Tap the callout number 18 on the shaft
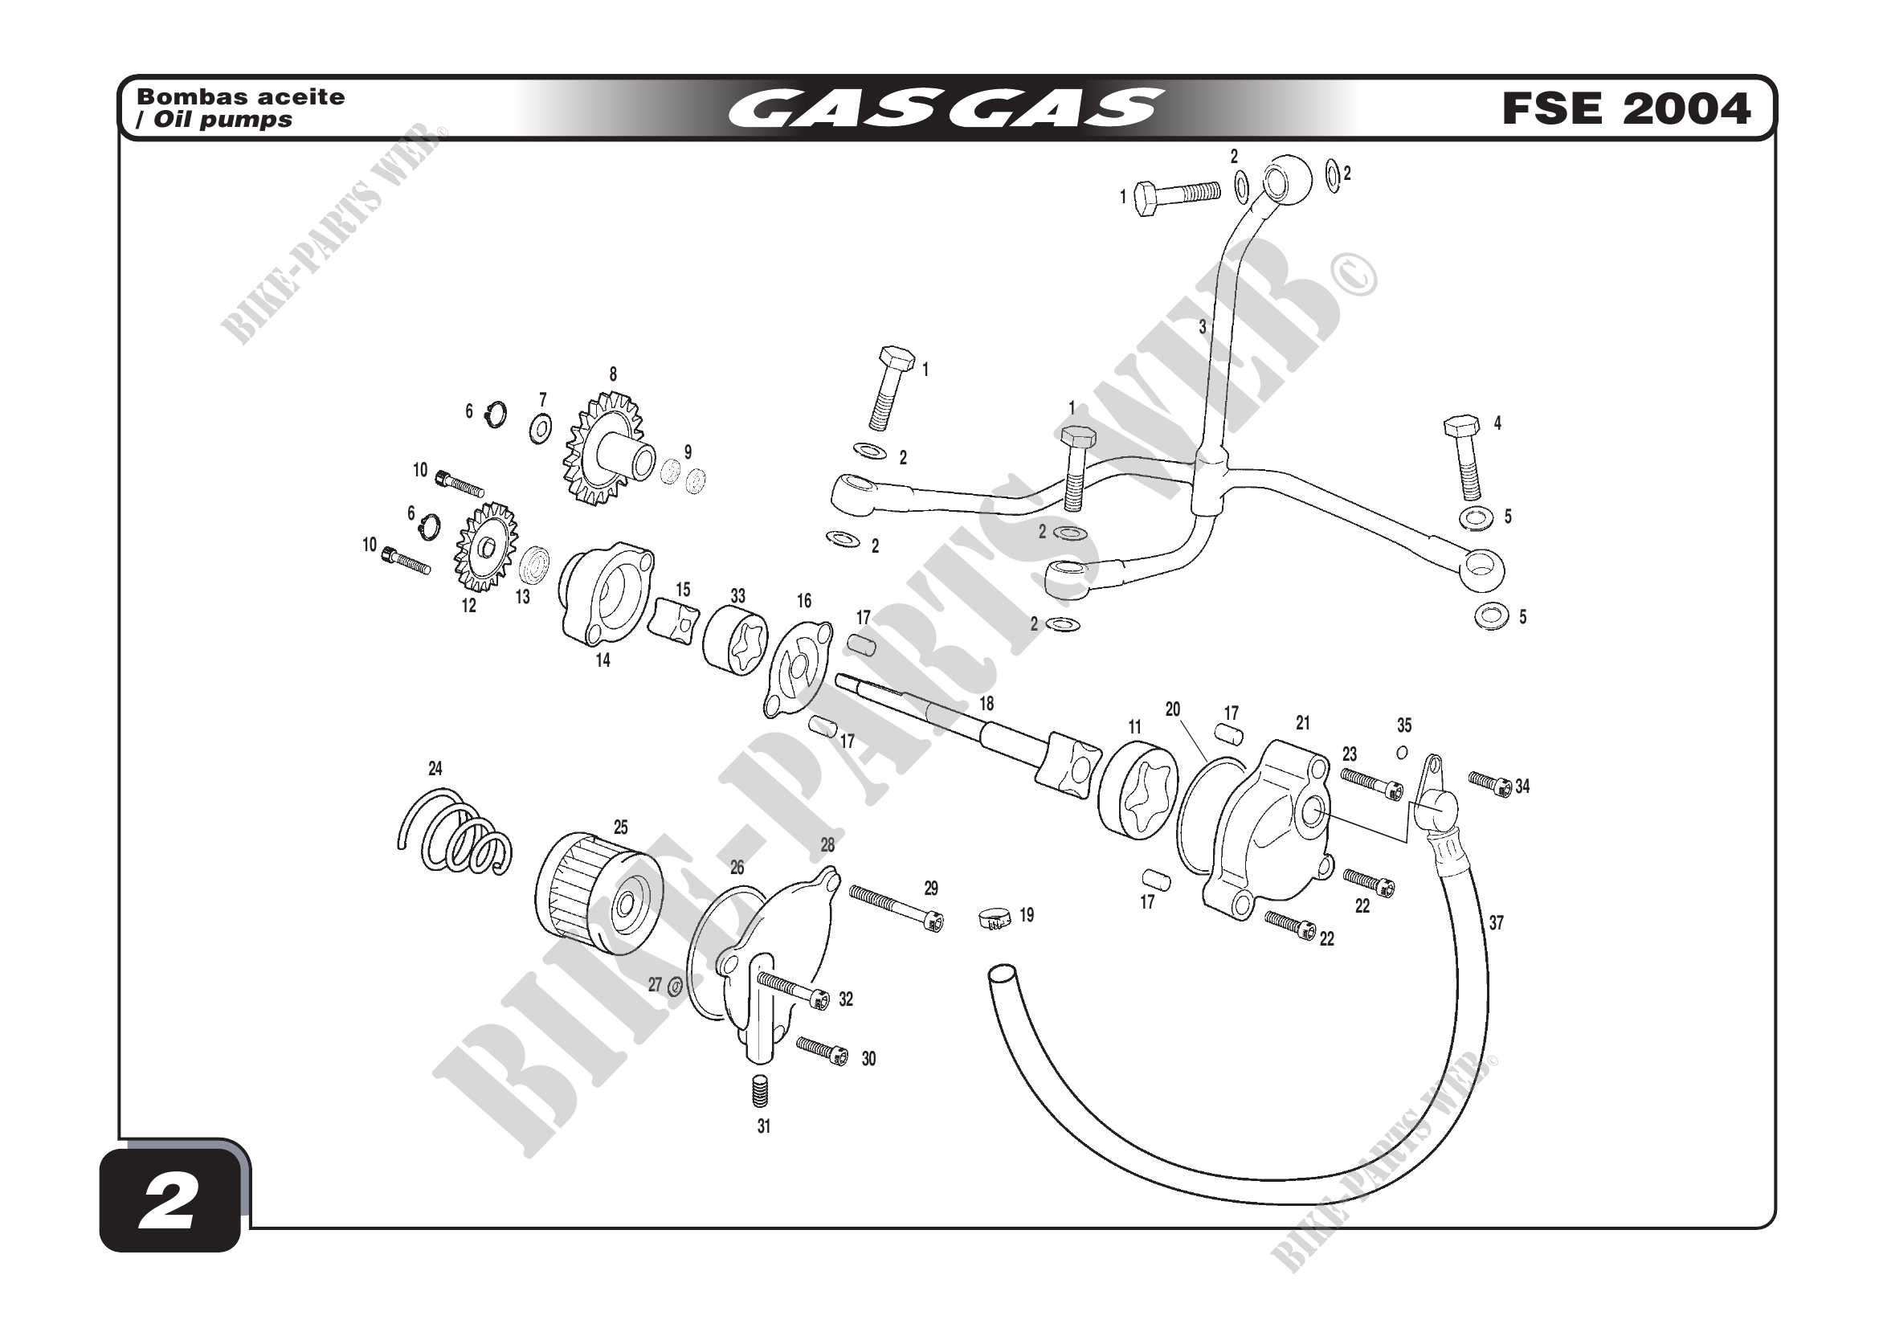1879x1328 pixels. click(x=986, y=704)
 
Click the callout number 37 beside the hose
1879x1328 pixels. click(x=1496, y=923)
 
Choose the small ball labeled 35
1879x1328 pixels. click(x=1402, y=752)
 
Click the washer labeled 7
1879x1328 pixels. click(x=540, y=428)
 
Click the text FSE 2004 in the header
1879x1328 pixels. click(x=1626, y=108)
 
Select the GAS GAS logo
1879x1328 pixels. click(x=946, y=108)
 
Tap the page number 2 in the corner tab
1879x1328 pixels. click(x=170, y=1202)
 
